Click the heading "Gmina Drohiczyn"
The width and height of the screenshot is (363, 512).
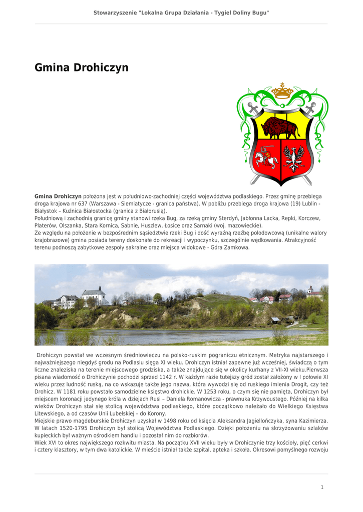pyautogui.click(x=82, y=67)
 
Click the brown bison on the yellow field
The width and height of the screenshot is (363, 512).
pyautogui.click(x=280, y=128)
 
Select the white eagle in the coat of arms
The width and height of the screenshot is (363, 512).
pyautogui.click(x=294, y=158)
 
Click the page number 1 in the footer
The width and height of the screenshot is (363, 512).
pyautogui.click(x=322, y=486)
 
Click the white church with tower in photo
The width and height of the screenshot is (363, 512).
pyautogui.click(x=95, y=296)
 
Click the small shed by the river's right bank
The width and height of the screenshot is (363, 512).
pyautogui.click(x=275, y=319)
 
